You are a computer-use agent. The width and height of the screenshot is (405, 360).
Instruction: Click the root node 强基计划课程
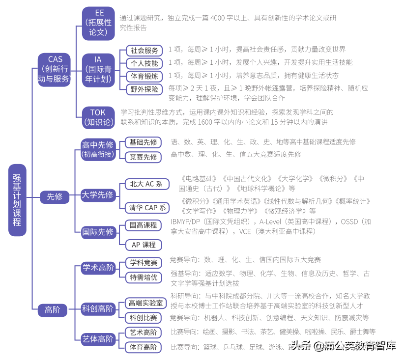(17, 200)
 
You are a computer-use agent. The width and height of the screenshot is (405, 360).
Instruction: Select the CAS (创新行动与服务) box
(55, 69)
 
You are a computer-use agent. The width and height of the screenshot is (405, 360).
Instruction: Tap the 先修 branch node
(55, 197)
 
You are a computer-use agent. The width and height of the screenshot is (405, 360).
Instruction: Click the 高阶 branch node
(53, 310)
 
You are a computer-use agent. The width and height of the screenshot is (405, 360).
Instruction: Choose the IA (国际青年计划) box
(98, 70)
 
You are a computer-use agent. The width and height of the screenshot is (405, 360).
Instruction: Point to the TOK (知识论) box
(98, 117)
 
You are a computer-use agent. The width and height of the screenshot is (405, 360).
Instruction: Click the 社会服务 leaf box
(144, 51)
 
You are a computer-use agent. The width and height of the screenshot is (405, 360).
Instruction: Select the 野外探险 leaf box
(144, 89)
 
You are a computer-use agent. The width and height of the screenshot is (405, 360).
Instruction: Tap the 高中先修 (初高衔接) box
(98, 149)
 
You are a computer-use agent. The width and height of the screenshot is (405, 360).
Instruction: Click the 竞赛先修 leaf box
(143, 157)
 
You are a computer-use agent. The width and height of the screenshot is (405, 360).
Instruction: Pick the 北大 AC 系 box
(146, 184)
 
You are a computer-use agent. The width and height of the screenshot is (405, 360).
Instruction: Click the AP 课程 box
(144, 245)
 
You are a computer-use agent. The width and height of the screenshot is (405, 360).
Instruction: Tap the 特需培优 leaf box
(144, 277)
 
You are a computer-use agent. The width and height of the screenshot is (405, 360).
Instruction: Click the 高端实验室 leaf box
(145, 303)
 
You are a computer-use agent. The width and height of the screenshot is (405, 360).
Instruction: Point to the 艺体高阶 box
(98, 339)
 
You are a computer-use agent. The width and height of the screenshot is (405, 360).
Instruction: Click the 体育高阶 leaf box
(143, 347)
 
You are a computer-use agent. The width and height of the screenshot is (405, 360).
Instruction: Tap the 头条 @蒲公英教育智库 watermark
(344, 346)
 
